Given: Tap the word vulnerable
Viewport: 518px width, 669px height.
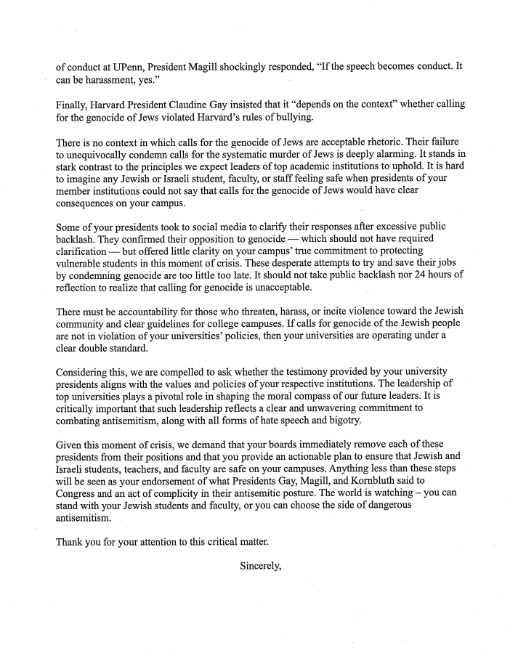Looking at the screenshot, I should (82, 262).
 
